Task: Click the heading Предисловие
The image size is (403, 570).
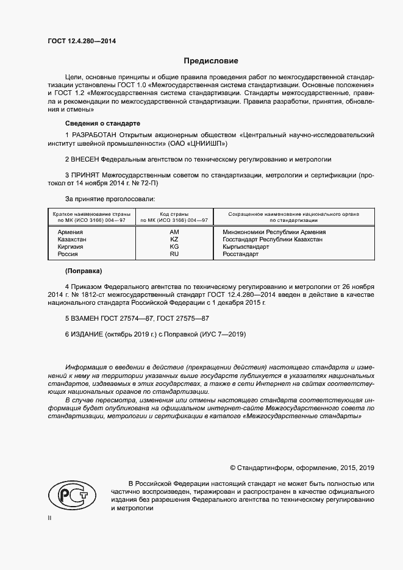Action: tap(211, 61)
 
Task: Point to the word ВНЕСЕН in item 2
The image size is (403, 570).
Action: tap(86, 159)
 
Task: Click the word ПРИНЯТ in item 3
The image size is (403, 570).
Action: tap(86, 175)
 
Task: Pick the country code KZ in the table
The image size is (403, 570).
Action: tap(174, 240)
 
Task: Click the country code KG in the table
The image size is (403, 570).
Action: tap(174, 247)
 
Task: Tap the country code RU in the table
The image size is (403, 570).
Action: tap(174, 254)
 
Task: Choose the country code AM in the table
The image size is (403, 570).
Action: tap(174, 232)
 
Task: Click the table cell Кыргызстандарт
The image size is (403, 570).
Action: tap(246, 247)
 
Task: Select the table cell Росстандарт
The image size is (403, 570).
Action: tap(241, 254)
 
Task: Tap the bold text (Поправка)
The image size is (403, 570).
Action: tap(84, 270)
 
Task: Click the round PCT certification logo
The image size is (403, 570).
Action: tap(72, 494)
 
